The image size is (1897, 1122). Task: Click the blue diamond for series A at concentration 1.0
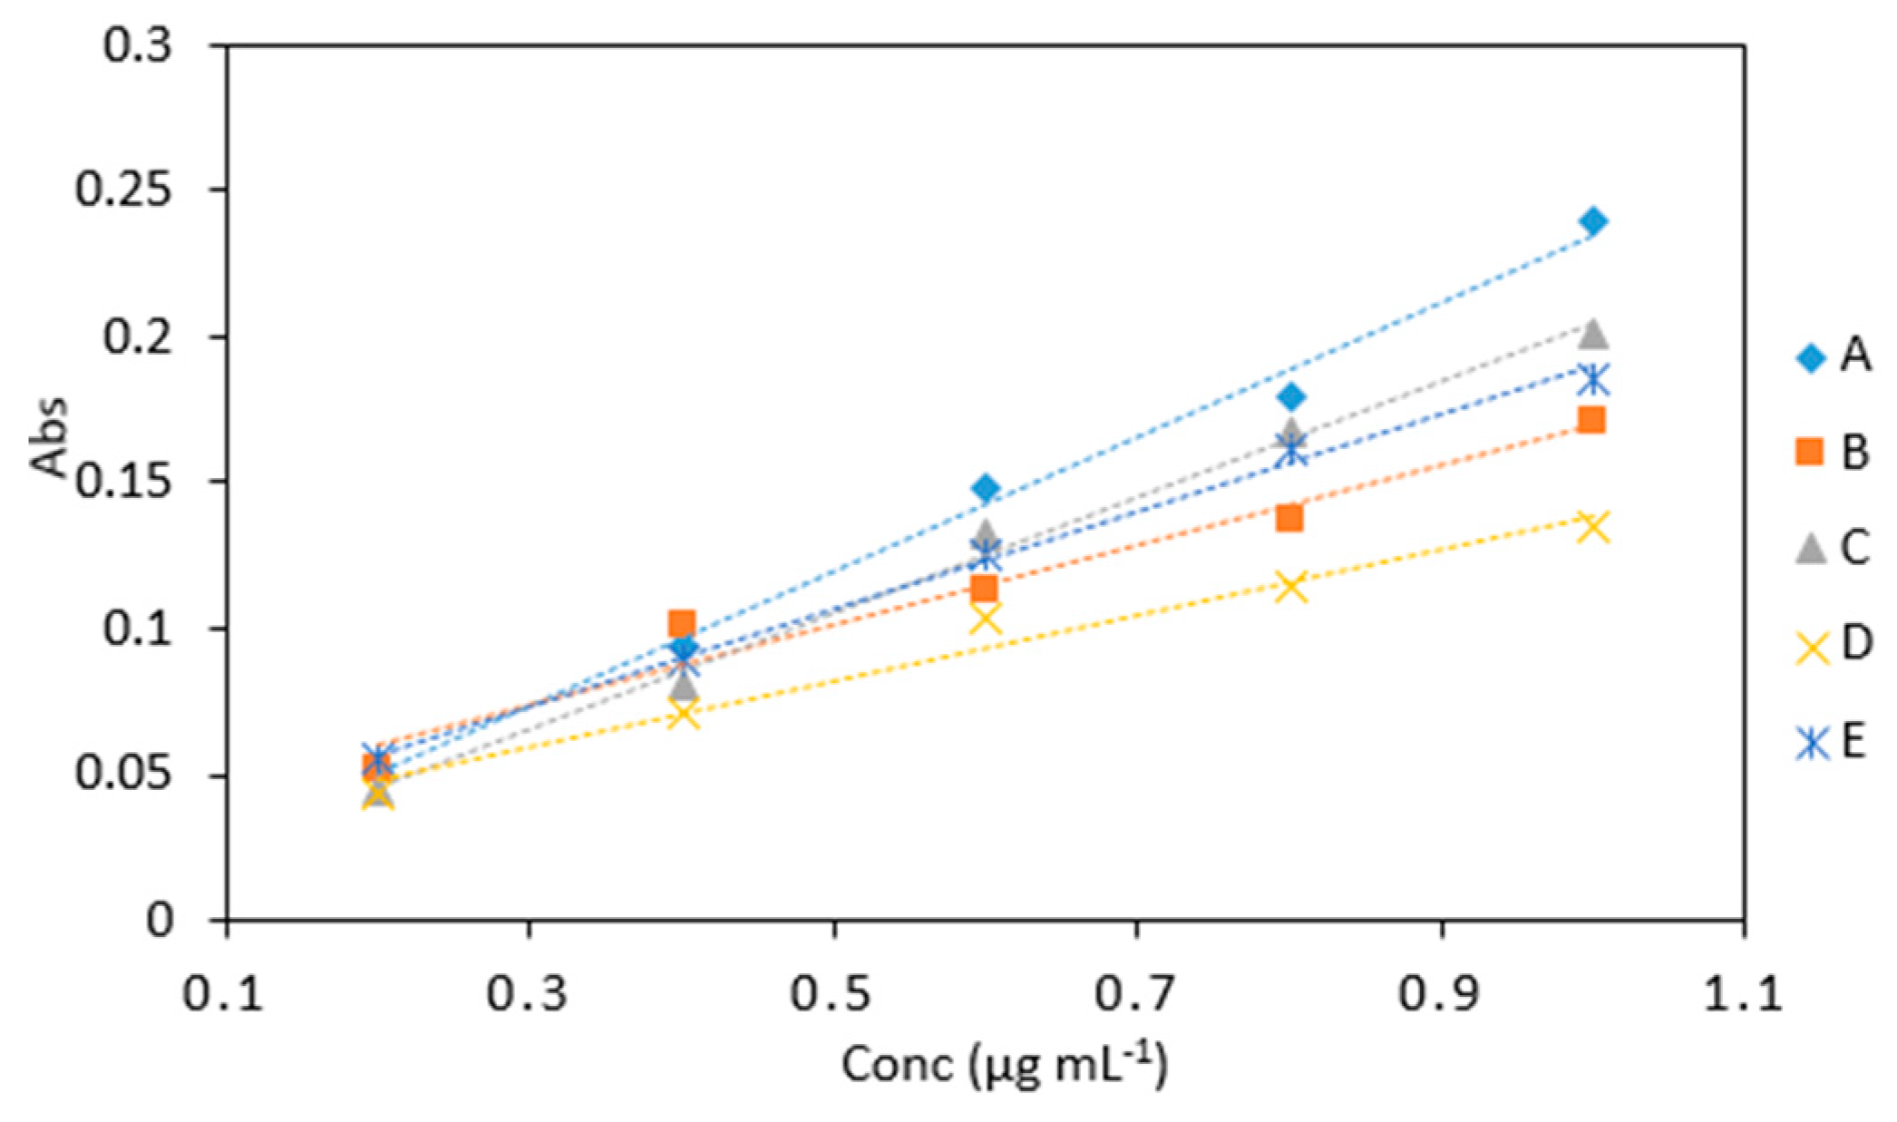1593,221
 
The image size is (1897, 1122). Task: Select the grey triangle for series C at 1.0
1593,335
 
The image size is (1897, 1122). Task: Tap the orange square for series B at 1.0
1591,420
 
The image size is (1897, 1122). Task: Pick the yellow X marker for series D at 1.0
1593,527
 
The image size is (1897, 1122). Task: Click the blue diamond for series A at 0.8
1292,396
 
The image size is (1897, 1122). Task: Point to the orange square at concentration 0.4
682,623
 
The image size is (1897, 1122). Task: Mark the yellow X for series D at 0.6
986,620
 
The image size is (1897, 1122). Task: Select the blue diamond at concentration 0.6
987,489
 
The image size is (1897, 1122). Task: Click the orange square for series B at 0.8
1289,519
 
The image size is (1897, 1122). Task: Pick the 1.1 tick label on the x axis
1744,994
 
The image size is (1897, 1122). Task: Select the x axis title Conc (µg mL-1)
1004,1066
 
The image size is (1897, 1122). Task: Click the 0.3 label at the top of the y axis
136,45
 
